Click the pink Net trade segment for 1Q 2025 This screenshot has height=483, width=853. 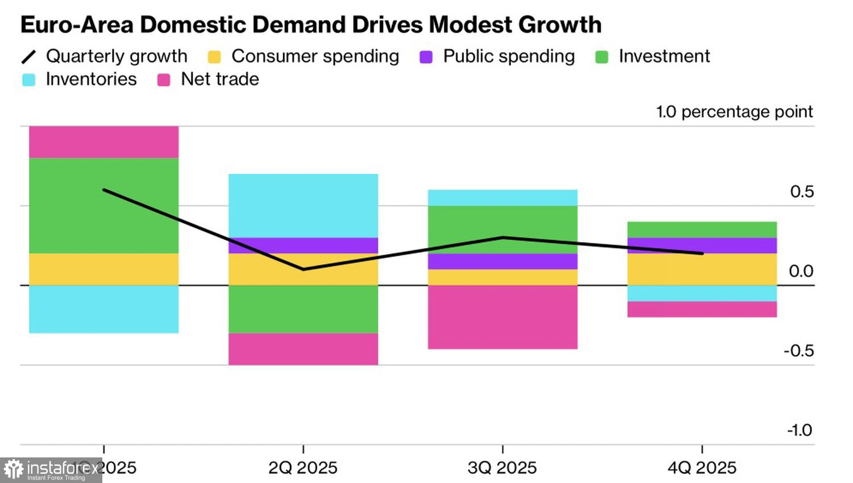click(x=103, y=142)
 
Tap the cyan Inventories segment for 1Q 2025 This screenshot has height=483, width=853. click(x=103, y=309)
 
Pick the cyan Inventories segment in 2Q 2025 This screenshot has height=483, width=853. click(x=303, y=206)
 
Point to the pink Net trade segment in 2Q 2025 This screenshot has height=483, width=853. click(x=303, y=349)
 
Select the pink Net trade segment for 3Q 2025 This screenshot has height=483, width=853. click(x=503, y=317)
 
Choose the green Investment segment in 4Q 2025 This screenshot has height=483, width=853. click(x=702, y=230)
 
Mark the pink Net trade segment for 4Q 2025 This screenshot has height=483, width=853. click(x=702, y=309)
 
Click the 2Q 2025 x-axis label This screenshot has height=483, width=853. click(x=303, y=468)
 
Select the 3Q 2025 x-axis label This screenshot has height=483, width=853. click(x=503, y=468)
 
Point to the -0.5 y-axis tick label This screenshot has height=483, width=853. click(x=798, y=351)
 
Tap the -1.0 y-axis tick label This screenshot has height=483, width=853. click(x=800, y=430)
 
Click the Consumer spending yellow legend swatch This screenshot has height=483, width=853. click(x=214, y=57)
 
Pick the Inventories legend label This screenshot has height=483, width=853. click(x=91, y=79)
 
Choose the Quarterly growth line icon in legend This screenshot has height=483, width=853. click(x=28, y=57)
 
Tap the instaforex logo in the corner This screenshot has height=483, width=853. click(x=51, y=470)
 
